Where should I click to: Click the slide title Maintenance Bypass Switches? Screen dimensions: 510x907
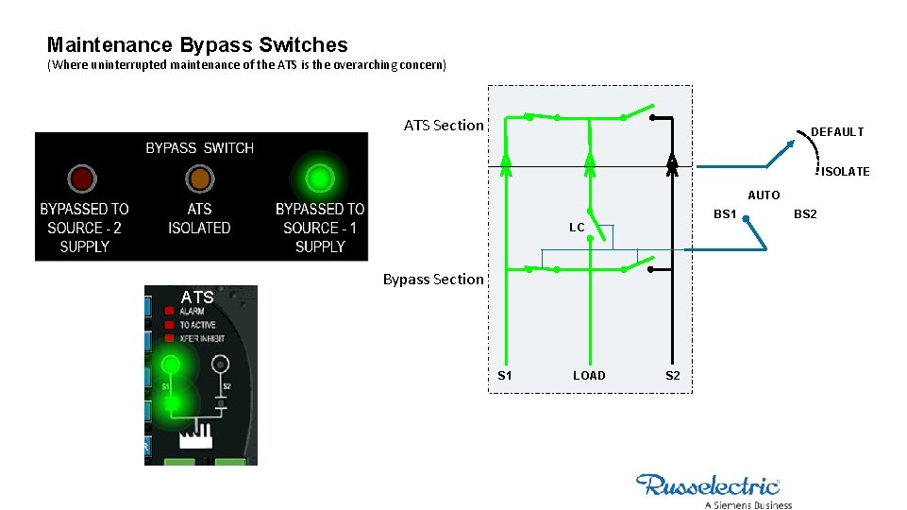pyautogui.click(x=197, y=44)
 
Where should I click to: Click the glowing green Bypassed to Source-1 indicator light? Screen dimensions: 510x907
pyautogui.click(x=320, y=178)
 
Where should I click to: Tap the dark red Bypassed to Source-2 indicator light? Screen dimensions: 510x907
pyautogui.click(x=82, y=178)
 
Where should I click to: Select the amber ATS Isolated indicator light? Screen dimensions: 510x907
pyautogui.click(x=199, y=178)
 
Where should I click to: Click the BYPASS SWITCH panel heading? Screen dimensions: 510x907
pyautogui.click(x=199, y=148)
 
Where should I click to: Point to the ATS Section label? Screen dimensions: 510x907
pyautogui.click(x=443, y=125)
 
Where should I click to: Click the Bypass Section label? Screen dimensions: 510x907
pyautogui.click(x=432, y=279)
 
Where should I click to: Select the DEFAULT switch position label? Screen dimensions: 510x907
pyautogui.click(x=837, y=132)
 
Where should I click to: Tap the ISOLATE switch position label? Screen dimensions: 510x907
pyautogui.click(x=845, y=172)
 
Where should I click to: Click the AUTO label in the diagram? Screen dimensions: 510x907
pyautogui.click(x=764, y=195)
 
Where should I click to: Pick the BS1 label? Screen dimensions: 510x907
pyautogui.click(x=725, y=214)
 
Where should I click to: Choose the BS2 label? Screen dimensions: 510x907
pyautogui.click(x=805, y=214)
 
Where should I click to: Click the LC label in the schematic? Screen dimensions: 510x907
pyautogui.click(x=577, y=228)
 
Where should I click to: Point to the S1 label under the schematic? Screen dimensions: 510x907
pyautogui.click(x=505, y=376)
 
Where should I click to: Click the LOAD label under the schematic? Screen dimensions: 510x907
pyautogui.click(x=589, y=376)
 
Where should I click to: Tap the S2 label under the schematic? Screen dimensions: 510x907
pyautogui.click(x=672, y=376)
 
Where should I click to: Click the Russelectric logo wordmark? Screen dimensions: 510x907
pyautogui.click(x=708, y=485)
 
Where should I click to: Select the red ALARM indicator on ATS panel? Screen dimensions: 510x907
pyautogui.click(x=169, y=311)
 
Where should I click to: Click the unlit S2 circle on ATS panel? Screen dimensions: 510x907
pyautogui.click(x=221, y=364)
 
